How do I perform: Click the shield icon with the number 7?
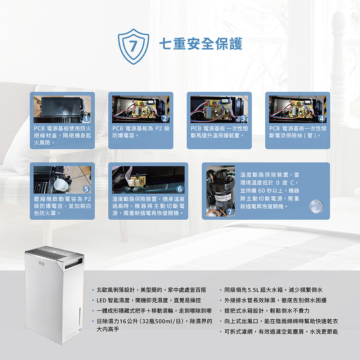point(134,46)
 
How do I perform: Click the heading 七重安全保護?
point(201,44)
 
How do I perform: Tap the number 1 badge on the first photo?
point(86,119)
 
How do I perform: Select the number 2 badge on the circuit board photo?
point(165,119)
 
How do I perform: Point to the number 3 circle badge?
point(243,119)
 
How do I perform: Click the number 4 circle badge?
point(321,119)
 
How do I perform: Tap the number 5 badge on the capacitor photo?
point(86,189)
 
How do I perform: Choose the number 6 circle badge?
point(180,189)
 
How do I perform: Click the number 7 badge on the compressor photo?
point(230,212)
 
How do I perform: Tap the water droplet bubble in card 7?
point(316,206)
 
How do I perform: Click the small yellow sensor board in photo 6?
point(137,182)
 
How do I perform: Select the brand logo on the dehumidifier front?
point(41,264)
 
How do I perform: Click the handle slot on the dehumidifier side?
point(74,264)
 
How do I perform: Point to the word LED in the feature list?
point(101,300)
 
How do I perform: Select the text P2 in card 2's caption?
point(159,129)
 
